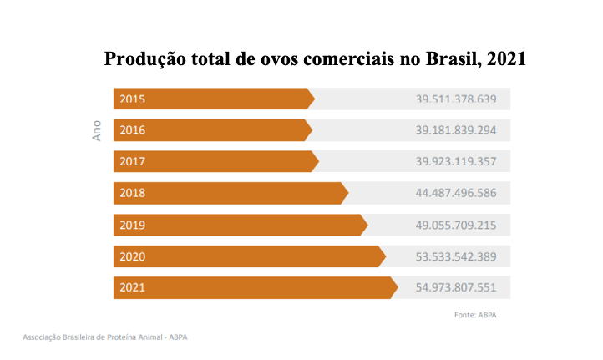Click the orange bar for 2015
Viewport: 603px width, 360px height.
point(213,99)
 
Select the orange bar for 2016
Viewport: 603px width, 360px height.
point(212,130)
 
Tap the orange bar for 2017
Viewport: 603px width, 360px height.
point(215,161)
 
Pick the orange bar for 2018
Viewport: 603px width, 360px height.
point(230,193)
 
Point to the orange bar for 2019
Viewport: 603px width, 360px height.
point(240,225)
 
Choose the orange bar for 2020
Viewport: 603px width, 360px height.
point(249,256)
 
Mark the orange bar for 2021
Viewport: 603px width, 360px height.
point(255,287)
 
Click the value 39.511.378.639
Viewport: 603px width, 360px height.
point(456,99)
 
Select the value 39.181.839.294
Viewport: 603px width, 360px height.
point(456,130)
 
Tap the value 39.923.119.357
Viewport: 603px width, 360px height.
point(456,161)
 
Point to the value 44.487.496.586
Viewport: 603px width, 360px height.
point(456,193)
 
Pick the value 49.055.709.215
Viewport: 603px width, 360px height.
point(456,225)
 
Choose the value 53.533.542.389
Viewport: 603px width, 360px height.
point(456,256)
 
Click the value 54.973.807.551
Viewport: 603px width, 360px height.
point(456,287)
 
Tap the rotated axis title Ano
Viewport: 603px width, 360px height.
point(96,131)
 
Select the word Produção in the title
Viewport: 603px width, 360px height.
point(143,60)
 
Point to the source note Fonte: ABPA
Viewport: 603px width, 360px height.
point(475,315)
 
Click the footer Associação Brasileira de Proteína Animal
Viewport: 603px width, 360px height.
point(104,338)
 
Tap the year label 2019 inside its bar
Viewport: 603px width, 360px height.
point(133,225)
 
